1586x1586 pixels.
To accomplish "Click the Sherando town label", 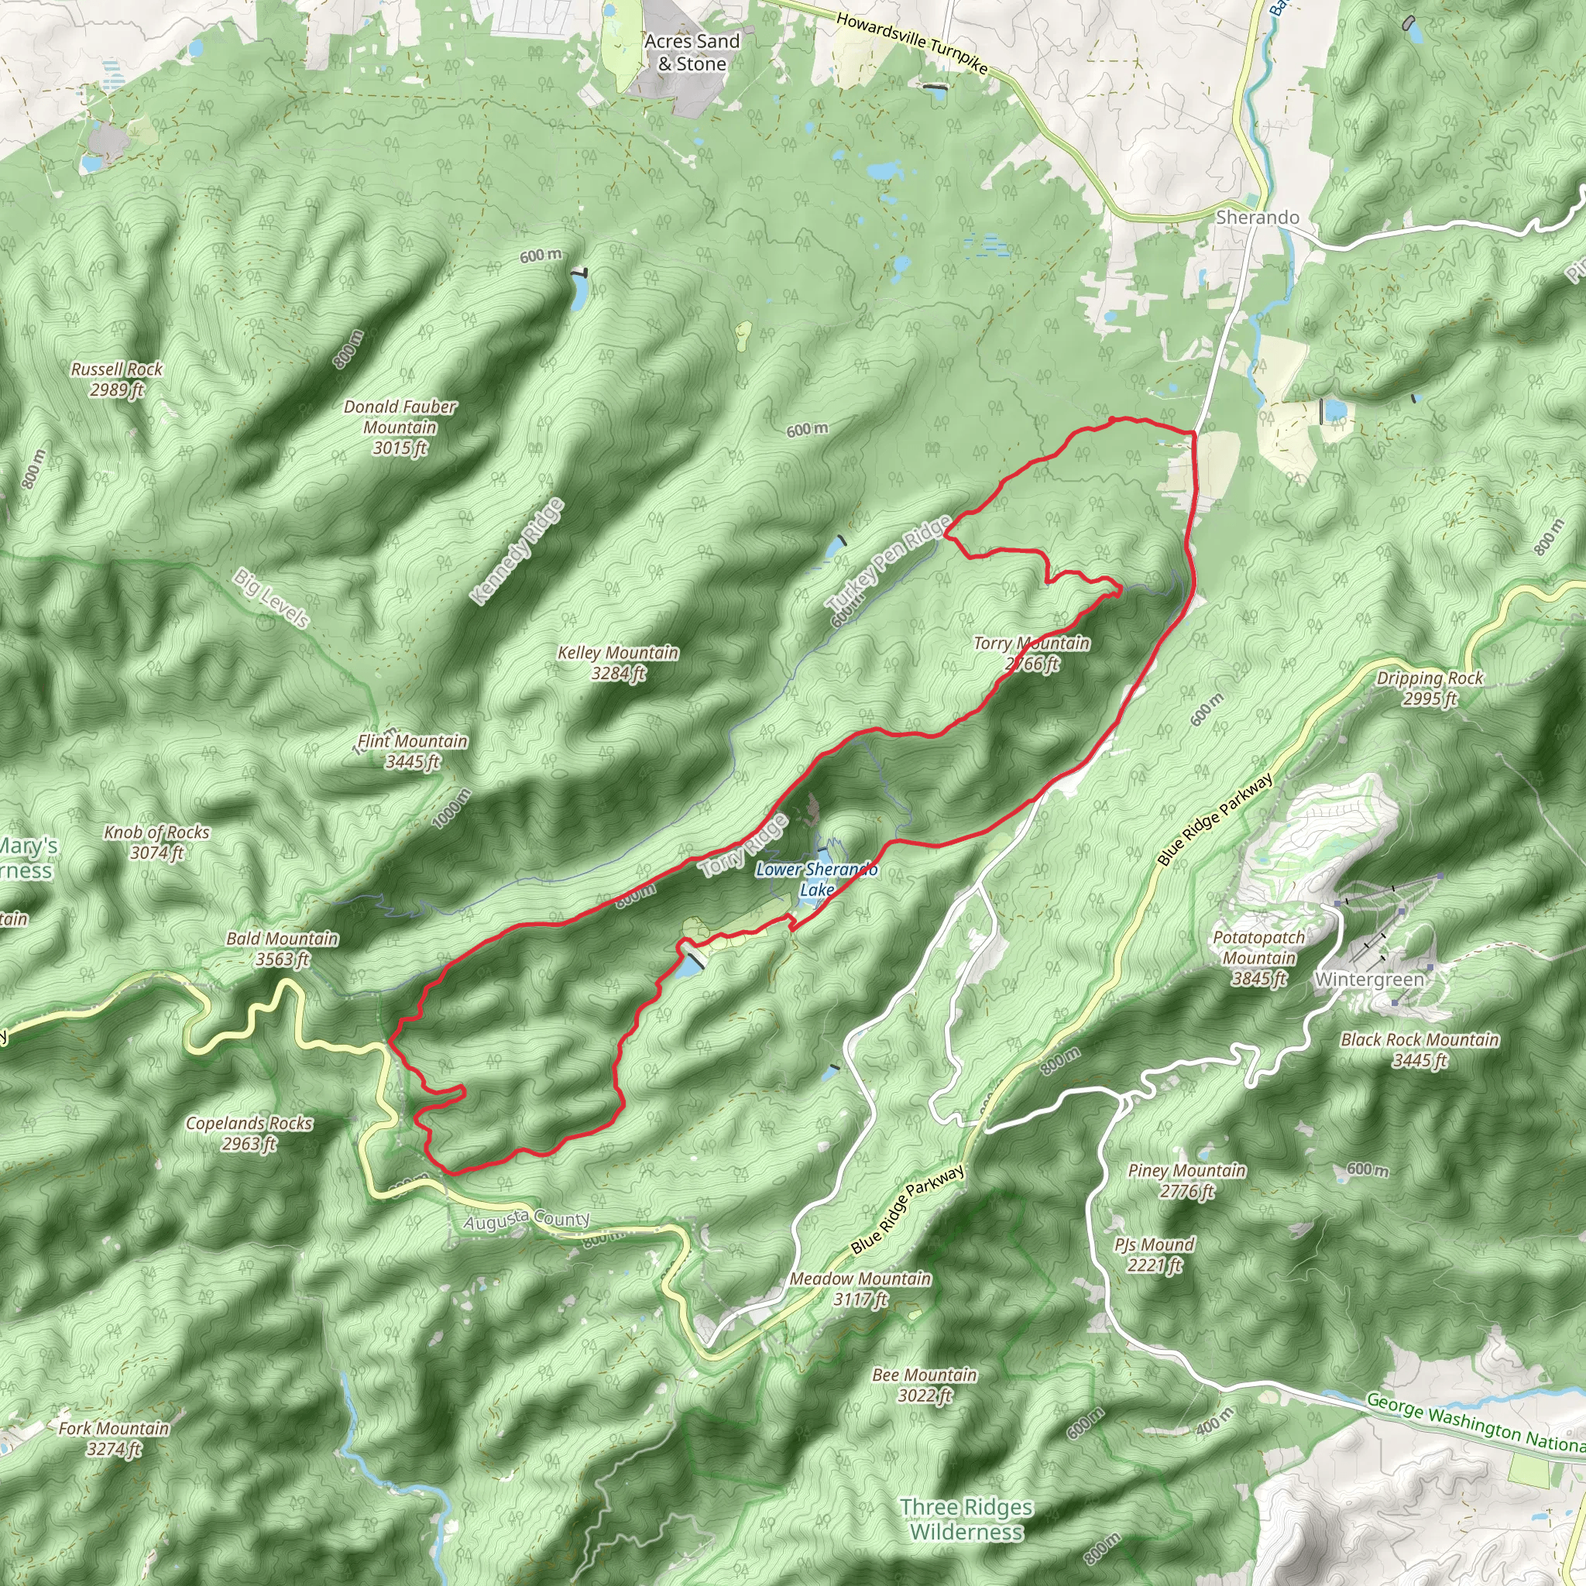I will [x=1257, y=218].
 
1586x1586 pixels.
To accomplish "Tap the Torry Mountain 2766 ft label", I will [x=1032, y=654].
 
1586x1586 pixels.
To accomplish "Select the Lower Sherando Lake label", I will [x=816, y=879].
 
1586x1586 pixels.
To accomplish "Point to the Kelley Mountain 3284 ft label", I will [x=618, y=662].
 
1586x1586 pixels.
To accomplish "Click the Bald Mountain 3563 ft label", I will [x=282, y=948].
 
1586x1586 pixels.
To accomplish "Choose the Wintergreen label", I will [x=1368, y=980].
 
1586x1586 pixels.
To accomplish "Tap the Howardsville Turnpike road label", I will [x=911, y=43].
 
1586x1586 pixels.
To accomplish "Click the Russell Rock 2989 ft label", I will [x=117, y=379].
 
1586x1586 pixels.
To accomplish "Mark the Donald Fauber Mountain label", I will [x=400, y=427].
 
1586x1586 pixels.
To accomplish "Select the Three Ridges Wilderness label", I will [x=966, y=1519].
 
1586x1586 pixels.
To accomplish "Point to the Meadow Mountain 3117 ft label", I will [x=860, y=1288].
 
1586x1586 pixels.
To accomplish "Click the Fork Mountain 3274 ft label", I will [x=113, y=1438].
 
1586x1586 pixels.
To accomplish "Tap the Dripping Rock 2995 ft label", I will [x=1430, y=688].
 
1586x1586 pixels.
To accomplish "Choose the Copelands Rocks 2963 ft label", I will [x=249, y=1133].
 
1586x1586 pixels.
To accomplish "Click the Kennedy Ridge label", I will [x=518, y=551].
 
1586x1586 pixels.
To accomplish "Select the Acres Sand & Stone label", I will [x=692, y=53].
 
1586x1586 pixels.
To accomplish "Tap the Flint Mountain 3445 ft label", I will [x=412, y=751].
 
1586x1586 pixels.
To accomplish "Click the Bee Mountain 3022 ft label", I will [x=925, y=1384].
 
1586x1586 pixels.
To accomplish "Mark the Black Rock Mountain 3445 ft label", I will [x=1420, y=1049].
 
